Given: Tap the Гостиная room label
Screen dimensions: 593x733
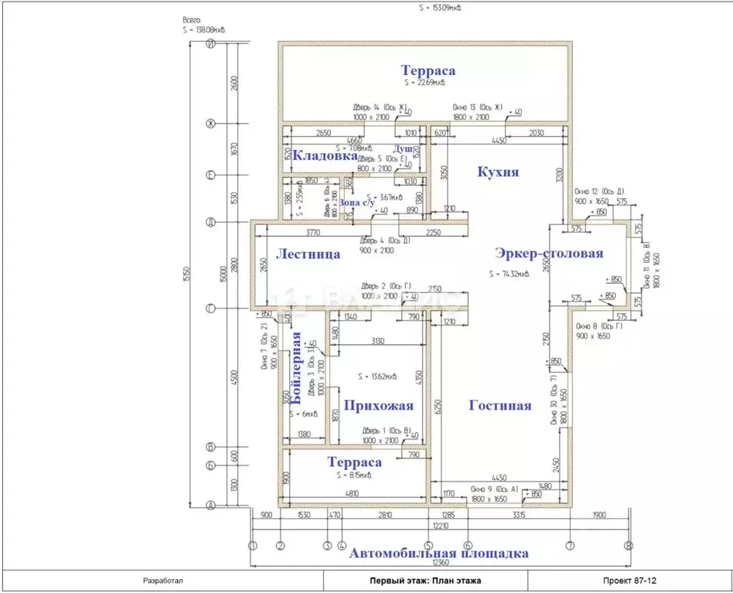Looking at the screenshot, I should click(500, 405).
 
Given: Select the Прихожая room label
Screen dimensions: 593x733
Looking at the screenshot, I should click(378, 405).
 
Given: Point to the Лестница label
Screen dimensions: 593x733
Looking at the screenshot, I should click(308, 254).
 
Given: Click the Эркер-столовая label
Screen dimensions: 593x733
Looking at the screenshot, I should click(550, 253).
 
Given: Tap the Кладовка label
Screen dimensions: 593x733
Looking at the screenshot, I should click(313, 155).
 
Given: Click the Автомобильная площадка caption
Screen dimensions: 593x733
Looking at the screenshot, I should click(438, 554).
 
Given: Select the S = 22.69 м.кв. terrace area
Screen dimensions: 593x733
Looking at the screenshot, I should click(424, 82).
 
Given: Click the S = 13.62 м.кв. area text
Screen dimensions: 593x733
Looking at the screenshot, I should click(378, 377).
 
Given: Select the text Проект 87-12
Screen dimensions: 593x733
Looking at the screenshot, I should click(629, 580).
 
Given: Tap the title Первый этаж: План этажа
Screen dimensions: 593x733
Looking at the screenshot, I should click(424, 580).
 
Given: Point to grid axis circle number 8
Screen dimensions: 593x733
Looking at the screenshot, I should click(628, 545).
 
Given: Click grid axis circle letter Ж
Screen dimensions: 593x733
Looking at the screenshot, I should click(210, 123).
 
